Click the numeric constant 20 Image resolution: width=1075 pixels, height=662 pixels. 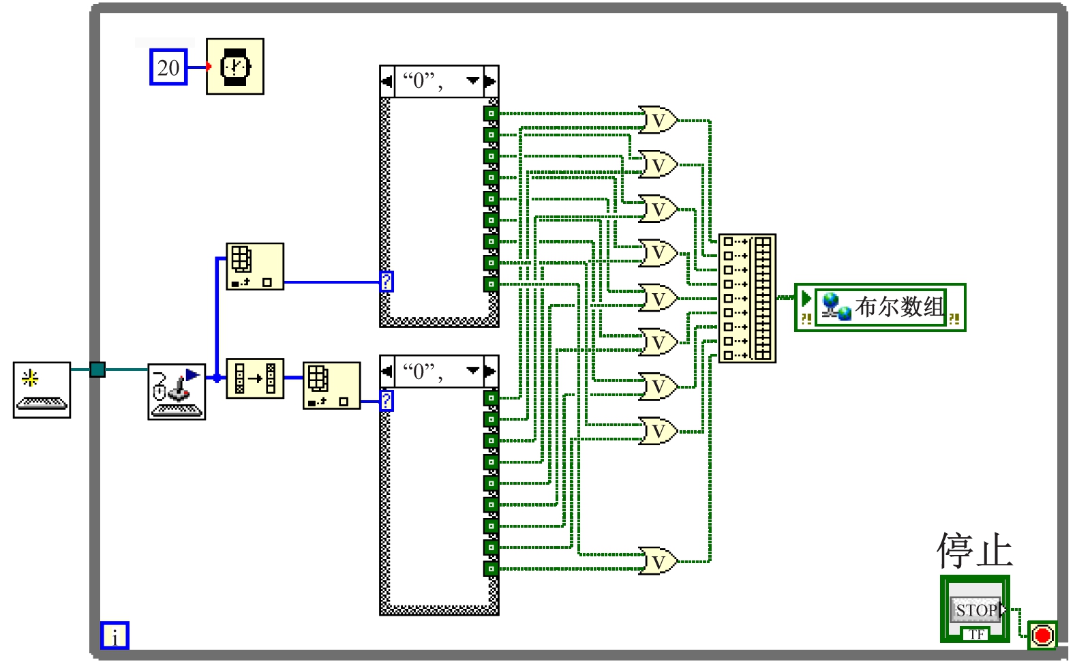168,67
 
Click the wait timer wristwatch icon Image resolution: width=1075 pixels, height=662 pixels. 235,66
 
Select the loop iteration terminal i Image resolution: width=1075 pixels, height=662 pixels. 115,635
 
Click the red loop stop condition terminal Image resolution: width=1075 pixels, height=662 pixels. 1042,635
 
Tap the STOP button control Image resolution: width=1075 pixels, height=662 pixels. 976,610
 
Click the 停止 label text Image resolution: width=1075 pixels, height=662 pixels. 975,551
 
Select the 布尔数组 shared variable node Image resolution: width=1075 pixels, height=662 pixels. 880,307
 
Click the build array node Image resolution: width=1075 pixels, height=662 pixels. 747,298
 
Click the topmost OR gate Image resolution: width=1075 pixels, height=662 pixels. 657,121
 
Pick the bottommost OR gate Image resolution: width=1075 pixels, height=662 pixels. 657,561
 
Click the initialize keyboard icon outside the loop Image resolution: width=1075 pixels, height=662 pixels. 42,390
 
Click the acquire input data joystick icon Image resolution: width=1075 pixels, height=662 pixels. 177,391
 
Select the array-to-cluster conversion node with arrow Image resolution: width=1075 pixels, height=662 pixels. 255,378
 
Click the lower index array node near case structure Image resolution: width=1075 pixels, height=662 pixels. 331,386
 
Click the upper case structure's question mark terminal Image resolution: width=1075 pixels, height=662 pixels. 387,281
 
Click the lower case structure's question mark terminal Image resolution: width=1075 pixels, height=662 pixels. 387,400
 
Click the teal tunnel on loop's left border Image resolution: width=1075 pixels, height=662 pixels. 97,370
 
